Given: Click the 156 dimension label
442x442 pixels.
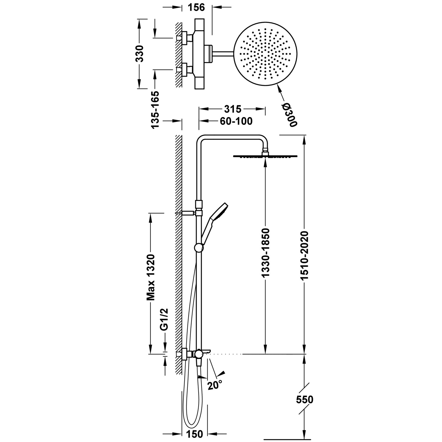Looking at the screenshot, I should pyautogui.click(x=196, y=7).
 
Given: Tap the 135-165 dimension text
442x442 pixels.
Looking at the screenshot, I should pyautogui.click(x=155, y=109).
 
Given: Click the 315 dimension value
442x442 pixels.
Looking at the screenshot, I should pyautogui.click(x=233, y=109).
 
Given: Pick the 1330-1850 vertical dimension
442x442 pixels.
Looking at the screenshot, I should pyautogui.click(x=265, y=253).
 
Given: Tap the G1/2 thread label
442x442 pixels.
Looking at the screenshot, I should pyautogui.click(x=164, y=319).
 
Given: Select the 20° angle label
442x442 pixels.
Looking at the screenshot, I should pyautogui.click(x=215, y=385).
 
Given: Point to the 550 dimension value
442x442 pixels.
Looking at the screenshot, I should pyautogui.click(x=305, y=400).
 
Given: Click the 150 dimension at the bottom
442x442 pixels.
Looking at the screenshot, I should pyautogui.click(x=195, y=434).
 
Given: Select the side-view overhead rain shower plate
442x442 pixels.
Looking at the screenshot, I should pyautogui.click(x=265, y=156).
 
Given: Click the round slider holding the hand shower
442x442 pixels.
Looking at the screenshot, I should pyautogui.click(x=199, y=248).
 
